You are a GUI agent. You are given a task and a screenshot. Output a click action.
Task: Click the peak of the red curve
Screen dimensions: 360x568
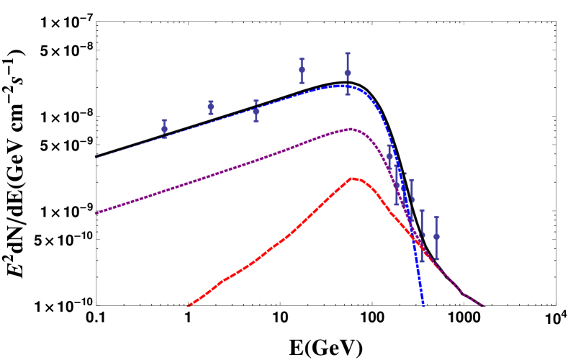(352, 178)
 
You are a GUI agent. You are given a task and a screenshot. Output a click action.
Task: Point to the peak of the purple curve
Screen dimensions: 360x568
(350, 129)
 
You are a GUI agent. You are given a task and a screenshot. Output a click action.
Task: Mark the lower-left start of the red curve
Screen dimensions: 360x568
(189, 305)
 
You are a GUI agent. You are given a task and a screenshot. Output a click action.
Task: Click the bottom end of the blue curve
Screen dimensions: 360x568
(423, 305)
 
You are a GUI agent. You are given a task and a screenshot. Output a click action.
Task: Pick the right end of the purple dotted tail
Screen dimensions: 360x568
(484, 306)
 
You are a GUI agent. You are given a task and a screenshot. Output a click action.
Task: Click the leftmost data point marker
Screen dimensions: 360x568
(165, 130)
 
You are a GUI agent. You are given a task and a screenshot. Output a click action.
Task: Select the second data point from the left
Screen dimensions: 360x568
(211, 107)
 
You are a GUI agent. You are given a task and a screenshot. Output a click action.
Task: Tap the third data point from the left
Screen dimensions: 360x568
(256, 112)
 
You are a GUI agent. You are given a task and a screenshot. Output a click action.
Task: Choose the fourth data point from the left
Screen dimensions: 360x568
(302, 70)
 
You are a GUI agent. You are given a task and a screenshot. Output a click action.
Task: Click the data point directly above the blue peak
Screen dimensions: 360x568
(348, 73)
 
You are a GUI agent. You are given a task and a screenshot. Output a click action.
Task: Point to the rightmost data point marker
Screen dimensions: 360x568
(436, 236)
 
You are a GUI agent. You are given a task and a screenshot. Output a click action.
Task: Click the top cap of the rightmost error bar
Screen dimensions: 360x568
(436, 216)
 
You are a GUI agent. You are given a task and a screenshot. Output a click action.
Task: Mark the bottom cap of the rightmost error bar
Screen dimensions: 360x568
(436, 258)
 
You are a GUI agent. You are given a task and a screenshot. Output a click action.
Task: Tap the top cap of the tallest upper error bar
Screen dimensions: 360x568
(348, 53)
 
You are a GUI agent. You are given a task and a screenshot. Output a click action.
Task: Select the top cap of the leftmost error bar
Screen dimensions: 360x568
(165, 120)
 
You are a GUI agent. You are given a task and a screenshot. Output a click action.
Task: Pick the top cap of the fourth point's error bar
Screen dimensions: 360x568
(302, 59)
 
